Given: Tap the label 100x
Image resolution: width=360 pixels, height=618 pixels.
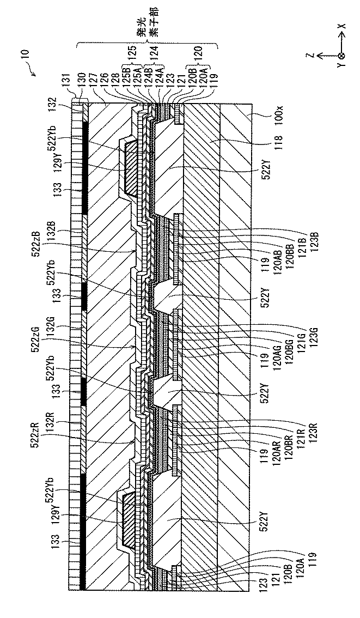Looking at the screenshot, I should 263,117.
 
